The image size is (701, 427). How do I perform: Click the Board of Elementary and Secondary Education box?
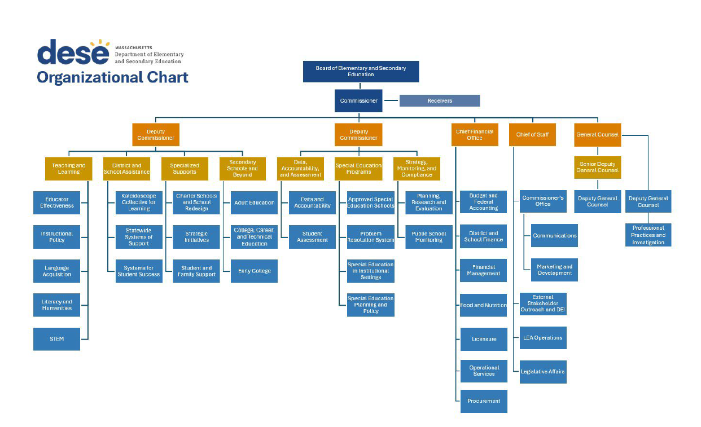(361, 72)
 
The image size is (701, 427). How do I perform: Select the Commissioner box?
(358, 101)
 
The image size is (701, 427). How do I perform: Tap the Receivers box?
(439, 101)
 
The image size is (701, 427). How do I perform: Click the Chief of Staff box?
(532, 135)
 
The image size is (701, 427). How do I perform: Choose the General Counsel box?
(597, 135)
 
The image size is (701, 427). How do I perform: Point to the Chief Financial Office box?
(474, 135)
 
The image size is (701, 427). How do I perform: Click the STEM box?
(56, 339)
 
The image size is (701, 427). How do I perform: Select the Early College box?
(254, 271)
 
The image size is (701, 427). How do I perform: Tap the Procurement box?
(484, 401)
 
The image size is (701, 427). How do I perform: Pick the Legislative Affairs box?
(543, 372)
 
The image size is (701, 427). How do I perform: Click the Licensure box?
(484, 339)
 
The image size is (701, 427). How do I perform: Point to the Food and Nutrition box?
(484, 305)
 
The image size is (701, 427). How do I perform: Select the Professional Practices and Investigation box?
(648, 235)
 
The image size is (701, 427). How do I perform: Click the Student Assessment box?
(312, 237)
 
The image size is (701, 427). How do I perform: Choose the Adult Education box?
(254, 203)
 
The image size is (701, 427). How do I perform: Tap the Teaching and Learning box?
(69, 169)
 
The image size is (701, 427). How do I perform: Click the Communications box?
(554, 236)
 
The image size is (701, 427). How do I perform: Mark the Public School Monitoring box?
(428, 237)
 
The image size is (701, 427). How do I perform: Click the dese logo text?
(73, 52)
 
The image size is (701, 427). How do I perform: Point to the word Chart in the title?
(166, 77)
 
